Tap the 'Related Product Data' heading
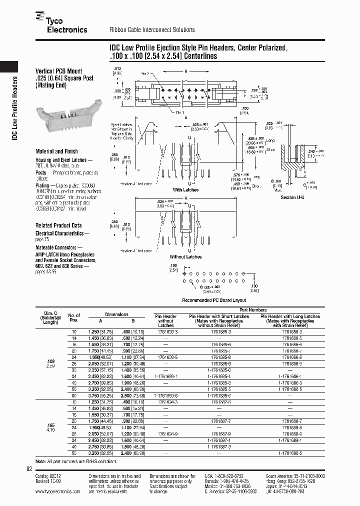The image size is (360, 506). point(58,225)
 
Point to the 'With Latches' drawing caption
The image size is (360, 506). point(185,190)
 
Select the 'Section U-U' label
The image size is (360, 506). point(292,197)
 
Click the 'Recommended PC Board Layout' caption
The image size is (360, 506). point(214,300)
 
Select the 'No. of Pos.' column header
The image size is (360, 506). point(74,317)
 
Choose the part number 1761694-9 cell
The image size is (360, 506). point(166,434)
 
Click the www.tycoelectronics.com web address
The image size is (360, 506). point(58,491)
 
